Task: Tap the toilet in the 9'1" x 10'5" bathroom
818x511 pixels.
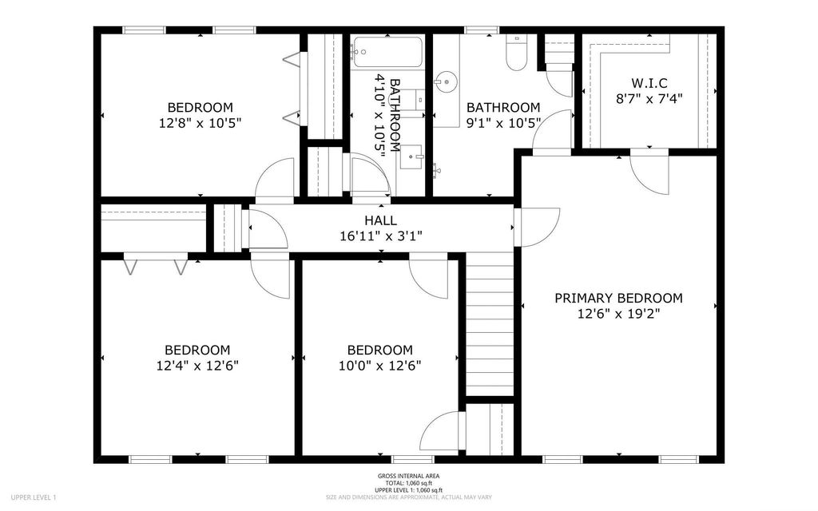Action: click(516, 55)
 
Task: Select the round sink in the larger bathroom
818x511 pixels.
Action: click(446, 81)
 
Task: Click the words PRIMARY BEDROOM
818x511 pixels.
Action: click(618, 298)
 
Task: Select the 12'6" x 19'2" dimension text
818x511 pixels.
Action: click(618, 315)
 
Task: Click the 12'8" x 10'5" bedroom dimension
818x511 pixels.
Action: click(200, 123)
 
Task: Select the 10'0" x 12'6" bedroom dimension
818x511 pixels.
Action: click(379, 366)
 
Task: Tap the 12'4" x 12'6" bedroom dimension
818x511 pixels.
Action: click(197, 366)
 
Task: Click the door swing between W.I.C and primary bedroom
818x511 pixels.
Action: click(649, 171)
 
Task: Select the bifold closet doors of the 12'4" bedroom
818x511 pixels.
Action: click(156, 265)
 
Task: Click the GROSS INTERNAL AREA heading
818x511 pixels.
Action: click(408, 476)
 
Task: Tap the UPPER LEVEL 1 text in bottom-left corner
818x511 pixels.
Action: click(34, 497)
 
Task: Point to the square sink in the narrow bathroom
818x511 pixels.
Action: click(415, 156)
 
